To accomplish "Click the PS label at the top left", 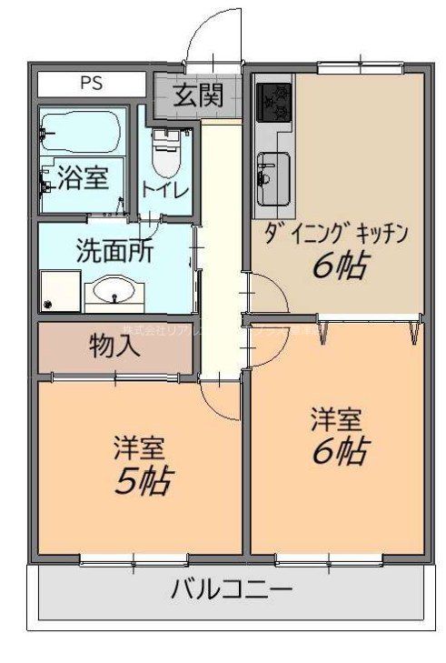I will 91,83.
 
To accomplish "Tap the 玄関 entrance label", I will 198,95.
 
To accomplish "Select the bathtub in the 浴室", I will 82,134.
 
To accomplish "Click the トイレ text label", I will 164,191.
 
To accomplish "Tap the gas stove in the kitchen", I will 274,103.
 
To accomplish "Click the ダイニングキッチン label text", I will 338,234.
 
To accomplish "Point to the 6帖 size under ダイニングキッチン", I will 340,266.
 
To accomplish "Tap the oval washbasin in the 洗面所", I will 114,293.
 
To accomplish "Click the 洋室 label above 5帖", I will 139,447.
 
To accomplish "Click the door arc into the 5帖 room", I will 218,400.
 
